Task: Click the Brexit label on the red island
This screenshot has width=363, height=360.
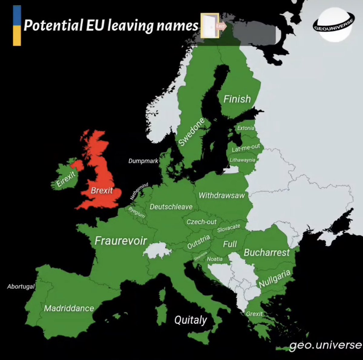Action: tap(102, 191)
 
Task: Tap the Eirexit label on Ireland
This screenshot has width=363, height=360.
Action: tap(66, 179)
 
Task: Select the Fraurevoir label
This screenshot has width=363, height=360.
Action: tap(121, 241)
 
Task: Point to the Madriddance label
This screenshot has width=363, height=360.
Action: tap(69, 308)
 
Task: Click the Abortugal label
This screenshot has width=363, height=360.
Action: tap(21, 286)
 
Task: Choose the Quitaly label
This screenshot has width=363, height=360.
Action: tap(191, 320)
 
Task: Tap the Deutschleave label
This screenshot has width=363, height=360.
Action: tap(171, 207)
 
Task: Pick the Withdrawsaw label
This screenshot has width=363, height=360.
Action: tap(221, 195)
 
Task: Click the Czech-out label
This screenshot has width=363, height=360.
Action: tap(201, 222)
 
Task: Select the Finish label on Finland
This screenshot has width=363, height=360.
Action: tap(237, 99)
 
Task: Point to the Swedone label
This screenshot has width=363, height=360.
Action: tap(191, 132)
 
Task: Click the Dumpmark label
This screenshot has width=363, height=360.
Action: tap(143, 161)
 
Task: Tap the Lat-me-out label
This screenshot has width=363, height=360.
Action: tap(246, 148)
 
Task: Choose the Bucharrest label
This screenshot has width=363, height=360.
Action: tap(267, 252)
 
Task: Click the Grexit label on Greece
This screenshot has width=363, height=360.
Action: tap(254, 314)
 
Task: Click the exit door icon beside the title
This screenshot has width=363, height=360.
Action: tap(210, 26)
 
